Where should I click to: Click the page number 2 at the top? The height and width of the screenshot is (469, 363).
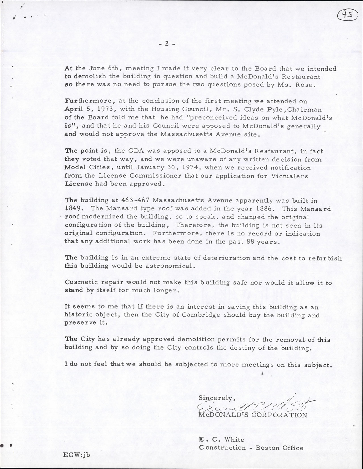point(167,44)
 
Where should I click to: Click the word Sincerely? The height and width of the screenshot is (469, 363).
point(216,398)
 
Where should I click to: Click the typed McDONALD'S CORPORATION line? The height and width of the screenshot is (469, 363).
point(253,415)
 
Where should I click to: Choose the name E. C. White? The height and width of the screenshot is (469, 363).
point(222,439)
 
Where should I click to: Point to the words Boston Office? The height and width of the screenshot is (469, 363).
point(279,448)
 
